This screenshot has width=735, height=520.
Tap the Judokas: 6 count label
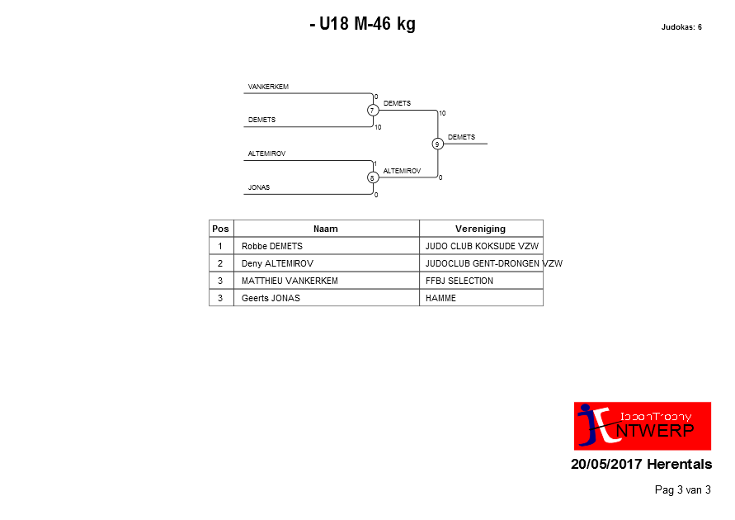(681, 27)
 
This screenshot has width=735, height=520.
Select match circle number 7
(373, 110)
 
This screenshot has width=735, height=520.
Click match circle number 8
(373, 177)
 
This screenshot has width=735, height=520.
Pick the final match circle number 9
(437, 144)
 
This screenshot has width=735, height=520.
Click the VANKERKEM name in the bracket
(268, 87)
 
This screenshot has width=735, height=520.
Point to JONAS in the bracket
(259, 187)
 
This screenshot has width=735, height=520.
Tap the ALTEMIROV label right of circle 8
(403, 171)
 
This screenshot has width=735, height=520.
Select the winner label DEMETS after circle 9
(461, 137)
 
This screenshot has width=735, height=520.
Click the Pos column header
(221, 229)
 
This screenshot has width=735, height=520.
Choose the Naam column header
(326, 229)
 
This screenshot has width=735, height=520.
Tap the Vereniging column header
(480, 229)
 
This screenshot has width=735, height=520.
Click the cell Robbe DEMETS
(272, 246)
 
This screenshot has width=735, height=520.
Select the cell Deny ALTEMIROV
(277, 263)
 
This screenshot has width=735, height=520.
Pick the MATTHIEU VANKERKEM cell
(290, 281)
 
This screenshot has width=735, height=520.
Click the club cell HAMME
(441, 298)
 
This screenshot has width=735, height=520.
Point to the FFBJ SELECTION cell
(459, 281)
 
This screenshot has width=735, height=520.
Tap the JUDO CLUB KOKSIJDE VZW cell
(482, 246)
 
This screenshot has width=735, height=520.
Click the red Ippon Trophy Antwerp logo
(642, 426)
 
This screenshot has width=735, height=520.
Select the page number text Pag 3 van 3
(682, 490)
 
